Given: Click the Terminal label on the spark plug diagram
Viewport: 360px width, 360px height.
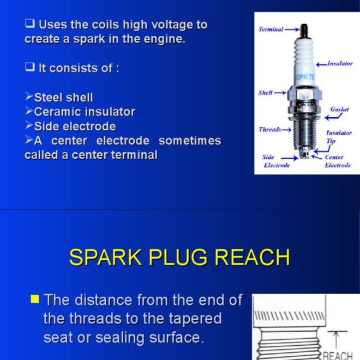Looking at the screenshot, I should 271,29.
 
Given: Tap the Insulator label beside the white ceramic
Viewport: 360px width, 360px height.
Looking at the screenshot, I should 339,64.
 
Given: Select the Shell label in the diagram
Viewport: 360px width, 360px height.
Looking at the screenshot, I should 265,93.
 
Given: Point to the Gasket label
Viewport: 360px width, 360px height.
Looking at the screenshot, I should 339,110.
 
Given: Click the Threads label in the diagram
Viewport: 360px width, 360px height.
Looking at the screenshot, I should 269,130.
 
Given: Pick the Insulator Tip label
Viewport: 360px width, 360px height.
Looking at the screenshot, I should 339,136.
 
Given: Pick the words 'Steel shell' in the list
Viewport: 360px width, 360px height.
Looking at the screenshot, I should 63,98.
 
